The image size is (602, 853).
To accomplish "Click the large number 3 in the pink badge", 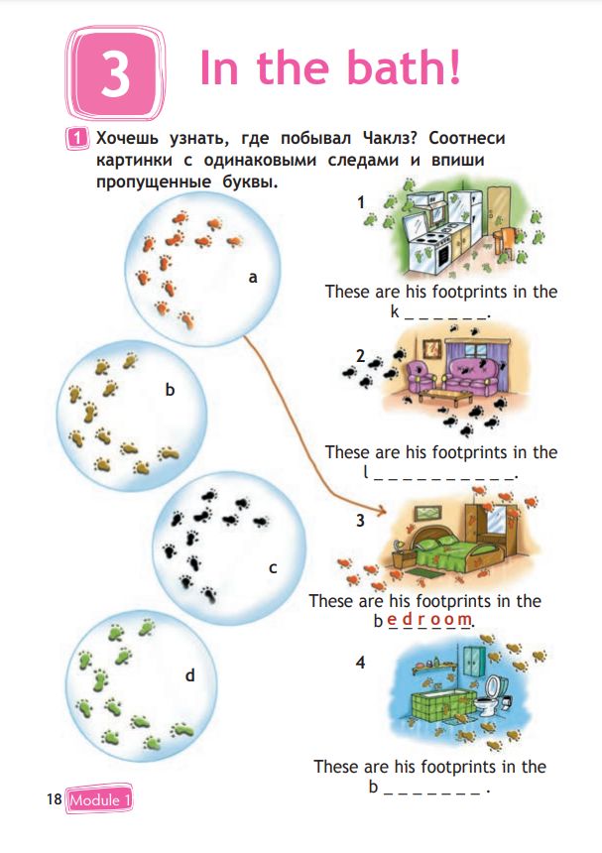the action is coord(115,73).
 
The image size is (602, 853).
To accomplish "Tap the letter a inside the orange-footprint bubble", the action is coord(253,278).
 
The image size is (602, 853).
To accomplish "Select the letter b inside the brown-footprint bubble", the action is coord(170,390).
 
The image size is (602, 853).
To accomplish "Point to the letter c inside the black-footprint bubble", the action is coord(273,568).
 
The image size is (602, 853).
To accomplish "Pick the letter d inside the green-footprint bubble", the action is coord(189,675).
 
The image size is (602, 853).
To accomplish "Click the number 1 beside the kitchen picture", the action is coord(361,202).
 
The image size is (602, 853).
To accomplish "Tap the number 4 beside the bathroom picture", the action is coord(361,662).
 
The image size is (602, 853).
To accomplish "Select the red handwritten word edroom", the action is coord(429,619).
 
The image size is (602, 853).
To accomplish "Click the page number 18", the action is coord(54,798).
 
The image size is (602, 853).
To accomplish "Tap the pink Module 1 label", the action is coord(98,799).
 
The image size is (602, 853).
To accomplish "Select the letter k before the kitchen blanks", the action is coord(395,311).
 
